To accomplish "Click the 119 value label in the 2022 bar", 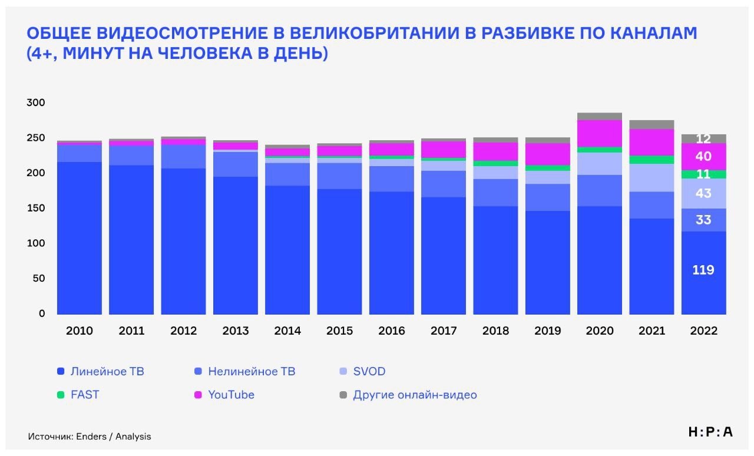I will coord(703,270).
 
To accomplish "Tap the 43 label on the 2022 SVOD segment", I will coord(703,193).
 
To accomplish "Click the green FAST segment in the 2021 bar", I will coord(652,160).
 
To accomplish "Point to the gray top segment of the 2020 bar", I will coord(599,116).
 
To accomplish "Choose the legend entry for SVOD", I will coord(369,372).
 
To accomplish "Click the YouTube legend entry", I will coord(231,395).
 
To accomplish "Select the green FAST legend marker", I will coord(61,395).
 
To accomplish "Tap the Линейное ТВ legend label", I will coord(107,372).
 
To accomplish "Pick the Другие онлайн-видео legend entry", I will coord(415,395).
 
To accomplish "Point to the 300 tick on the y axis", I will coord(36,103).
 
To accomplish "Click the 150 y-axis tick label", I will coord(36,208).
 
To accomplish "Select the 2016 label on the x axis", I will coord(392,331).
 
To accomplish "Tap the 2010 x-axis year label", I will coord(80,331).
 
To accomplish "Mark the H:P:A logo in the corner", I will coord(710,432).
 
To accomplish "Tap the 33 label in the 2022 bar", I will coord(703,220).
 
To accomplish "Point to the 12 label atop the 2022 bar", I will coord(703,139).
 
